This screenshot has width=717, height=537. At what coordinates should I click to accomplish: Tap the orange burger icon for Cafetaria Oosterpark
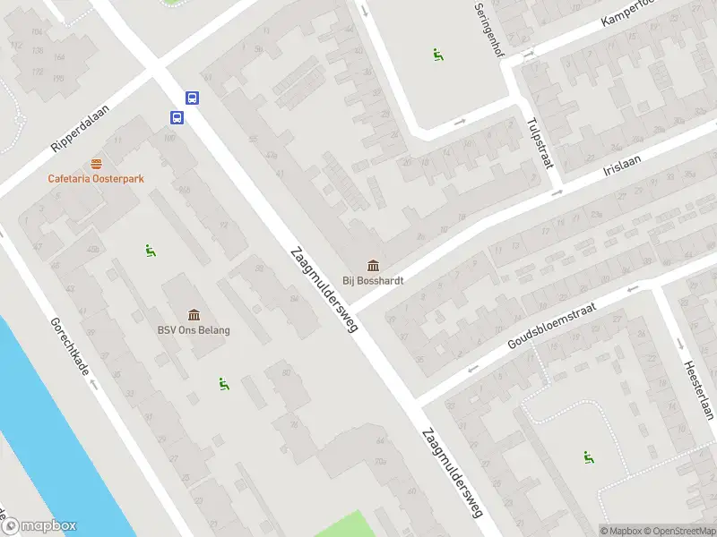coord(97,164)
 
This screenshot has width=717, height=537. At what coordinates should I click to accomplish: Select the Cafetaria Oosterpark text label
coord(96,178)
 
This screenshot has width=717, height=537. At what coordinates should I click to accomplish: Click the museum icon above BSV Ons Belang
coord(194,314)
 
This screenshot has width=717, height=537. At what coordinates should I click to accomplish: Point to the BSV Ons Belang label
coord(194,330)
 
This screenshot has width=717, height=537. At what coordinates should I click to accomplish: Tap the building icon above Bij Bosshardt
coord(373,265)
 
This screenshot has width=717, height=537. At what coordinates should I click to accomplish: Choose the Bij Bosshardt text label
coord(373,280)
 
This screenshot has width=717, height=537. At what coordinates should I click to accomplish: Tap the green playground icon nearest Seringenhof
coord(438,55)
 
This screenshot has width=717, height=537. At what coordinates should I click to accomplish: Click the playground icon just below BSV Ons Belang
coord(224,384)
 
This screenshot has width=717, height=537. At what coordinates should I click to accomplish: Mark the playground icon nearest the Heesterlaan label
coord(589,457)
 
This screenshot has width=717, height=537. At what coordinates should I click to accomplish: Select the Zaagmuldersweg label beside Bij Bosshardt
coord(324,289)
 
